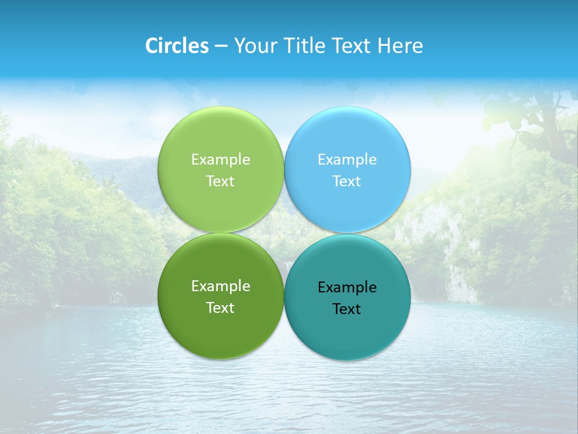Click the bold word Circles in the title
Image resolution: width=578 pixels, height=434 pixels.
[x=176, y=46]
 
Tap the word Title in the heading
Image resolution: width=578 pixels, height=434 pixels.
[x=305, y=46]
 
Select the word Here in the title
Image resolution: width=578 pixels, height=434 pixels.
[x=400, y=46]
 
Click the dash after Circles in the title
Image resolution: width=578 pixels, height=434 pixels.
[x=221, y=46]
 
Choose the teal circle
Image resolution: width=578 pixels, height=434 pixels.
[x=347, y=332]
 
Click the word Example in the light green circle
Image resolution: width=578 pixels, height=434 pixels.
[x=220, y=159]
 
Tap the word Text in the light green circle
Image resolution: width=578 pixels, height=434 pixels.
[x=220, y=181]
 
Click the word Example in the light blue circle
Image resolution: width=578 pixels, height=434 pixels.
[x=347, y=159]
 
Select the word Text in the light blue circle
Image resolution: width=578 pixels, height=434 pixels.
[x=347, y=181]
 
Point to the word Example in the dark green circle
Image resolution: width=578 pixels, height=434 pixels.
[x=220, y=286]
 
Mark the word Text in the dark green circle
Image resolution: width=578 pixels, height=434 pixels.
[x=220, y=307]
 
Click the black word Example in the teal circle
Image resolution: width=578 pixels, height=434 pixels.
[x=347, y=287]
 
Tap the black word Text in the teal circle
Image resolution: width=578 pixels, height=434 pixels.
[x=347, y=309]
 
